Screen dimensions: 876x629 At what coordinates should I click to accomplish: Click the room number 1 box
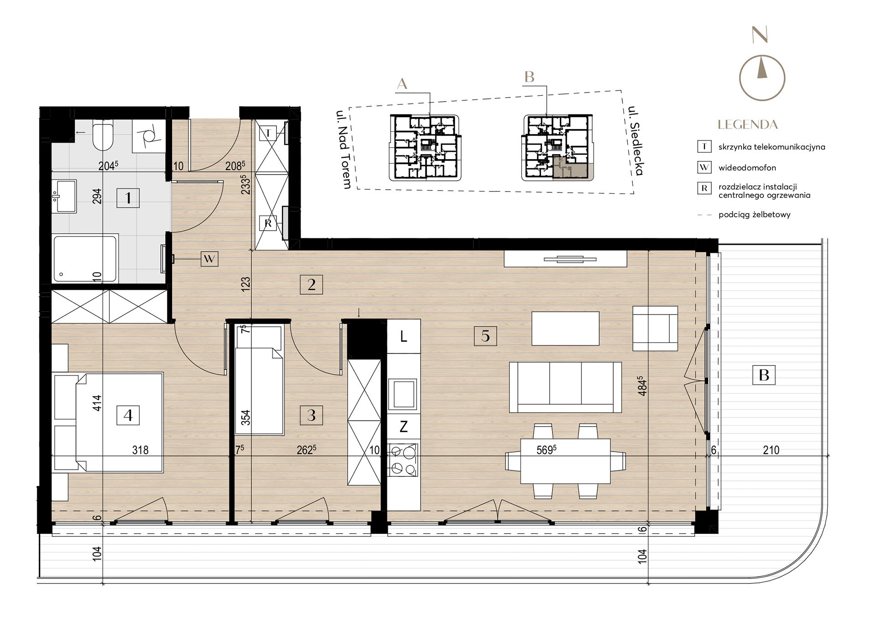pyautogui.click(x=128, y=198)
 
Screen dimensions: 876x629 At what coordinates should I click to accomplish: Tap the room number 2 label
pyautogui.click(x=311, y=285)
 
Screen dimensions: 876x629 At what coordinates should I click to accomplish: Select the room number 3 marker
pyautogui.click(x=311, y=415)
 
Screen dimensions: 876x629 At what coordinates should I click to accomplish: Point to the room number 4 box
pyautogui.click(x=128, y=415)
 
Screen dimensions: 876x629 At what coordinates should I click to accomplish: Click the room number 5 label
pyautogui.click(x=485, y=336)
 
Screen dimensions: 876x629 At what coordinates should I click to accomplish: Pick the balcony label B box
pyautogui.click(x=764, y=375)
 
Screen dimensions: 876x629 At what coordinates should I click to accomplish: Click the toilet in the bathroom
pyautogui.click(x=102, y=135)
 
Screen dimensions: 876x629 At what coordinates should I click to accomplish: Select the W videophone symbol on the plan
pyautogui.click(x=209, y=259)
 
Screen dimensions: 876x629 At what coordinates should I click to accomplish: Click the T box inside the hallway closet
pyautogui.click(x=268, y=134)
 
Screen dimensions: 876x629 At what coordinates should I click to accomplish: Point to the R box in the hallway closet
pyautogui.click(x=268, y=223)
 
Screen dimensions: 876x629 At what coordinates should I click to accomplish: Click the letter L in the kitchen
pyautogui.click(x=403, y=337)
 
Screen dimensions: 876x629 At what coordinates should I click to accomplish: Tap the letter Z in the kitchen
pyautogui.click(x=403, y=427)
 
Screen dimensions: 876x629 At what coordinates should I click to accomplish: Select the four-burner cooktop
pyautogui.click(x=403, y=460)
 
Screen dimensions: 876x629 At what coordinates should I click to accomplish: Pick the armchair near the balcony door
pyautogui.click(x=655, y=328)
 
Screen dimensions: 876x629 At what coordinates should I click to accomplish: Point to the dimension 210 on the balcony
pyautogui.click(x=771, y=450)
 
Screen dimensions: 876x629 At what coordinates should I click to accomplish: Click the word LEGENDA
pyautogui.click(x=747, y=124)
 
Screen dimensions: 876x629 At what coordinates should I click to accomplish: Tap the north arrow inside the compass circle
pyautogui.click(x=761, y=67)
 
